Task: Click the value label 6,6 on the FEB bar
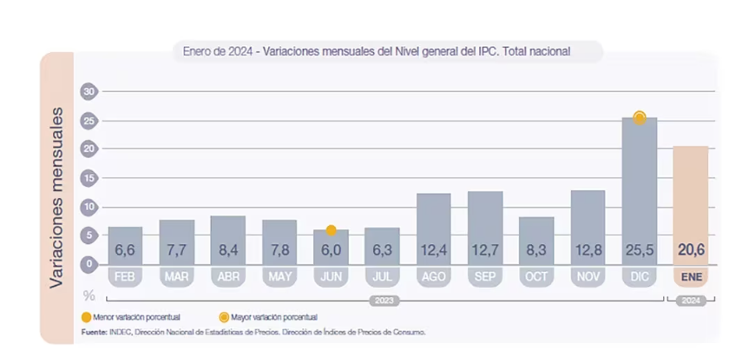pos(125,251)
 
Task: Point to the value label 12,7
pos(485,251)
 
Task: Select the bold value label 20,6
pos(691,251)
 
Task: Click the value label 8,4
pos(227,251)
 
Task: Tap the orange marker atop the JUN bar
pos(331,230)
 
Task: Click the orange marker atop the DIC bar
pos(640,117)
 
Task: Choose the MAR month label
pos(176,276)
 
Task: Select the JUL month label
pos(382,276)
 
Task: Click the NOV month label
pos(588,276)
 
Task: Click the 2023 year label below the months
pos(382,300)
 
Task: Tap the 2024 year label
pos(691,300)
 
